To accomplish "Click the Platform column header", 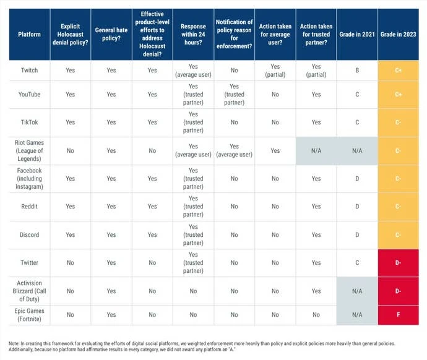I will (x=28, y=34).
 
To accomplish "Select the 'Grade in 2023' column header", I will (x=398, y=34).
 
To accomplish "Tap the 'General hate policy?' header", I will (x=111, y=34).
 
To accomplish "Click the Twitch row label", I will (x=28, y=71).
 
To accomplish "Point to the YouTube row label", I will (x=28, y=95).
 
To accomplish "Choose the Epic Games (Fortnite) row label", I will (x=28, y=314).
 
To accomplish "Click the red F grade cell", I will (x=398, y=314).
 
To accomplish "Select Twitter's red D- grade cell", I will (x=398, y=263).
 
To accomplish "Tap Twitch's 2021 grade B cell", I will (x=357, y=71).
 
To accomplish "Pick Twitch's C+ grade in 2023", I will (x=398, y=71).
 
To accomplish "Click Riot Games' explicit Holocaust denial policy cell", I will (x=70, y=150).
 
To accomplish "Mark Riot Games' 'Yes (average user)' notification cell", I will (x=234, y=150).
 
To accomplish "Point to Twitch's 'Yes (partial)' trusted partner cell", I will (x=316, y=71).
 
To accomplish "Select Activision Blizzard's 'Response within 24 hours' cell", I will (x=193, y=291).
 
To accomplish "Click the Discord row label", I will (x=28, y=235).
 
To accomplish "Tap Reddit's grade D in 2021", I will (x=357, y=207).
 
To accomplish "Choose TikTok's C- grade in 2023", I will (x=398, y=122).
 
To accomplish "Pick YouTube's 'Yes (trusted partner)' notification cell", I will (x=234, y=95).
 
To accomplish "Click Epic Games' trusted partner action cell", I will (x=316, y=314).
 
